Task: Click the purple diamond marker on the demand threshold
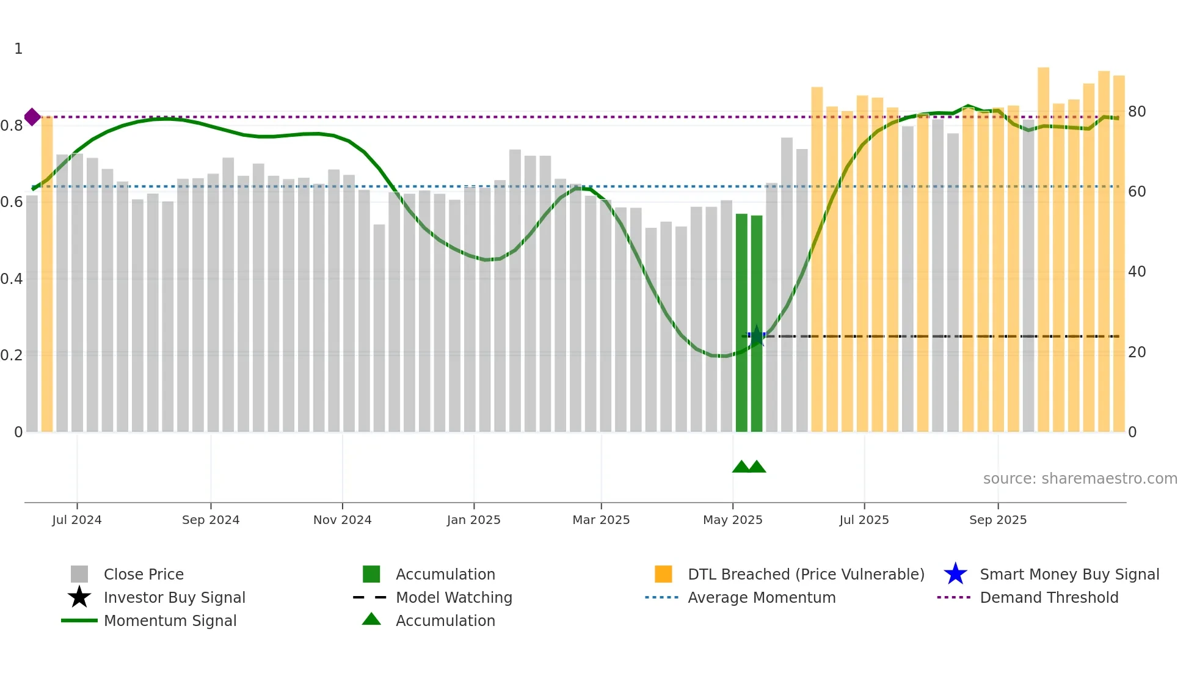pos(32,117)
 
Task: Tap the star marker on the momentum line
pos(757,336)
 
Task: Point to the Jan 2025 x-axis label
pos(473,520)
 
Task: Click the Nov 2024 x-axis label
pos(342,520)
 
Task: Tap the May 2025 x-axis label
pos(732,520)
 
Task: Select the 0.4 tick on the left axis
pos(12,278)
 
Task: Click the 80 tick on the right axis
pos(1137,112)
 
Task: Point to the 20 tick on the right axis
pos(1137,352)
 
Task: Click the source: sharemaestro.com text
pos(1080,479)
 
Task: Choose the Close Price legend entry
pos(144,574)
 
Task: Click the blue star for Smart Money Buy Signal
pos(955,574)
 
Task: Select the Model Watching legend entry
pos(454,597)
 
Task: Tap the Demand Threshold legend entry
pos(1049,597)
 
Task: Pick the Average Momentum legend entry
pos(762,597)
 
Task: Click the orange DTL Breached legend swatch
pos(663,574)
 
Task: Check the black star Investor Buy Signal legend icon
pos(79,597)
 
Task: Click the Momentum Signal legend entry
pos(170,620)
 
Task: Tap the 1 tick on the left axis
pos(18,49)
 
